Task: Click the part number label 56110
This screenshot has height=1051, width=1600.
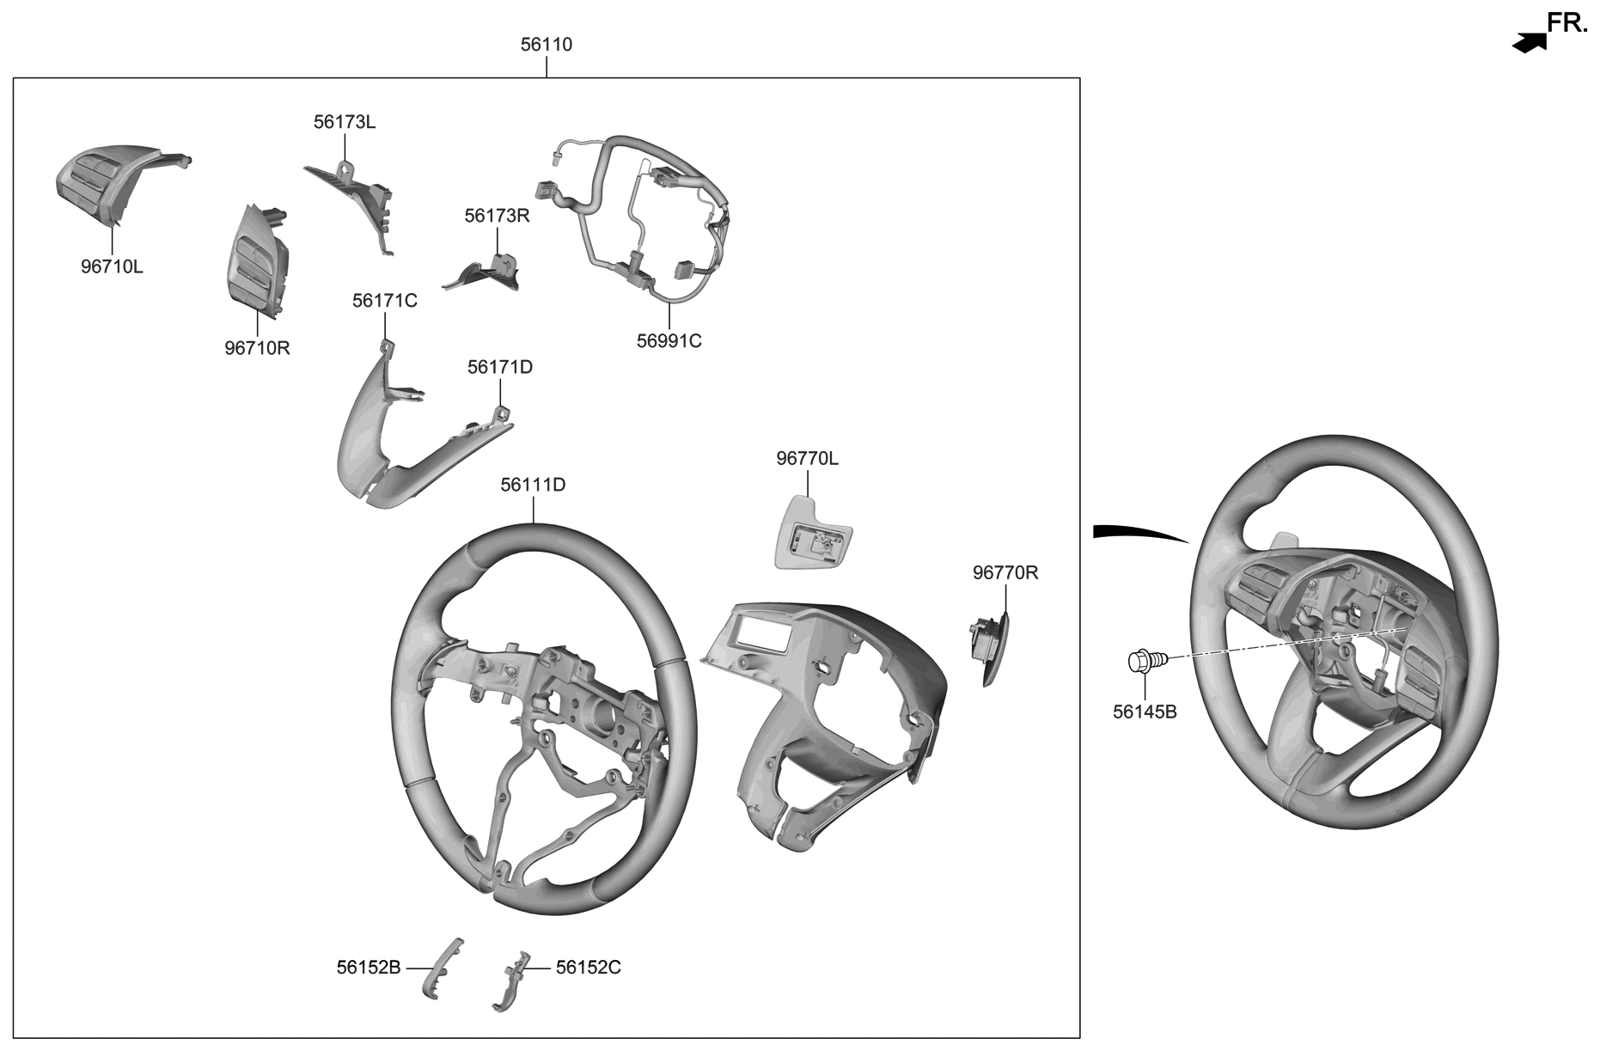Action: point(546,45)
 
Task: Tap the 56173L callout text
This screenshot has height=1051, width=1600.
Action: point(344,122)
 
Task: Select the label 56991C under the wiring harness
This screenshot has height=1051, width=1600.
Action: point(669,341)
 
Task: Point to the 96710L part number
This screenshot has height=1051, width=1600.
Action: point(112,266)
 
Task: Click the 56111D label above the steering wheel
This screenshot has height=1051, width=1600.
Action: point(533,485)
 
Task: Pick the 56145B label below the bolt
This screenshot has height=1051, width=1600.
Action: point(1145,712)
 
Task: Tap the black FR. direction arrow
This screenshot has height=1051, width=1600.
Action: point(1528,43)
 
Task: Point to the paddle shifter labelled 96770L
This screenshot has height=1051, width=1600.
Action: point(812,533)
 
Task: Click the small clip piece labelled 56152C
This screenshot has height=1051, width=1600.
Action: point(512,991)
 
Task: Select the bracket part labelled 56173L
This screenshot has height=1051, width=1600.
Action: point(353,196)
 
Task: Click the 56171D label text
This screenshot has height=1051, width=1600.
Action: point(499,367)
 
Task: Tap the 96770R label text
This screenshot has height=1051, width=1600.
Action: point(1005,572)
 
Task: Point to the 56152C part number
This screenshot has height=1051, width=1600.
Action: point(588,968)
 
